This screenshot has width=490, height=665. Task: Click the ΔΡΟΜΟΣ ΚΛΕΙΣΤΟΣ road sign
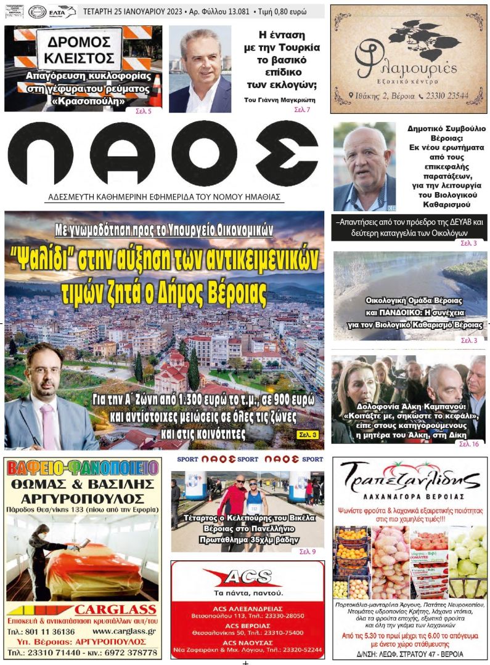coord(79,49)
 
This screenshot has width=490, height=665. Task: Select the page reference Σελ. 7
coord(302,110)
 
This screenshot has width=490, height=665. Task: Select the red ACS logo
coord(247,577)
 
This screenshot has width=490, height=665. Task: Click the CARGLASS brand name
coord(115,610)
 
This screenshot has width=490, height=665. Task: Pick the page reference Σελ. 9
coord(308,551)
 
